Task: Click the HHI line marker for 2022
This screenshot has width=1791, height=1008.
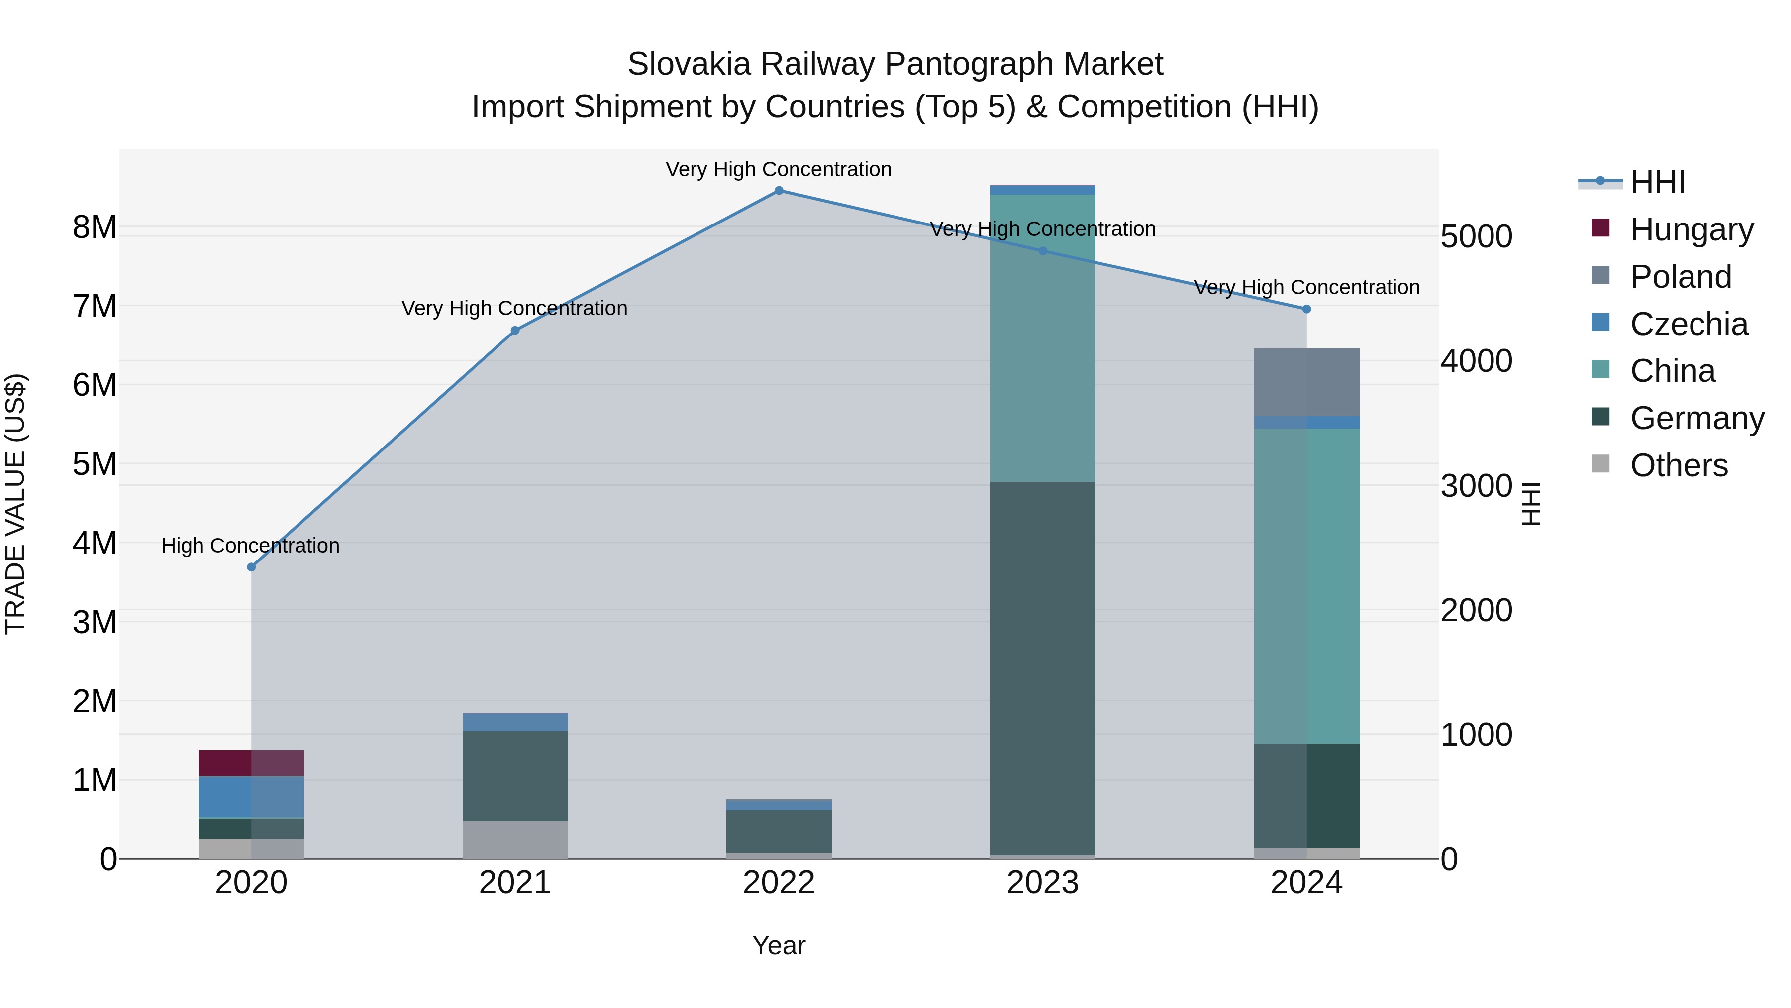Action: click(x=779, y=191)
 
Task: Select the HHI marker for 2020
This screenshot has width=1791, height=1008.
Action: click(x=252, y=567)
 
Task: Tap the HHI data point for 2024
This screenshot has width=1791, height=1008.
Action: click(x=1306, y=309)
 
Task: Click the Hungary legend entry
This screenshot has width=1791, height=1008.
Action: click(x=1691, y=229)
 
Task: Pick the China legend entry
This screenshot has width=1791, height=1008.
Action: click(x=1672, y=371)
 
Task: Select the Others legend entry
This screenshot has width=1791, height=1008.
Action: click(x=1679, y=465)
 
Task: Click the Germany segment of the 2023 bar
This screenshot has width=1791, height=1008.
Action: click(x=1042, y=668)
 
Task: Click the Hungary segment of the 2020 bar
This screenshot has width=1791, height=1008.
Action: click(x=251, y=763)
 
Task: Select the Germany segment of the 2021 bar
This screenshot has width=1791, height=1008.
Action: click(x=515, y=776)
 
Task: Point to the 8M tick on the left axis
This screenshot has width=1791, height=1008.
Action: click(x=95, y=227)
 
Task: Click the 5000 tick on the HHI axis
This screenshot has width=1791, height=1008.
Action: click(x=1476, y=236)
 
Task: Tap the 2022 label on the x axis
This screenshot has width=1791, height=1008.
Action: click(x=779, y=883)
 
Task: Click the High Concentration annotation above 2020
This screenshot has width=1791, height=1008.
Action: click(x=250, y=546)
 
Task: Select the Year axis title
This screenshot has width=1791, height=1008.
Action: click(x=779, y=945)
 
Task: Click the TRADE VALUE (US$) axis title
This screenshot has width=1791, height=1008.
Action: click(x=15, y=504)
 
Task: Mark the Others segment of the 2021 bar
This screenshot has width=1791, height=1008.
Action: click(x=515, y=840)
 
